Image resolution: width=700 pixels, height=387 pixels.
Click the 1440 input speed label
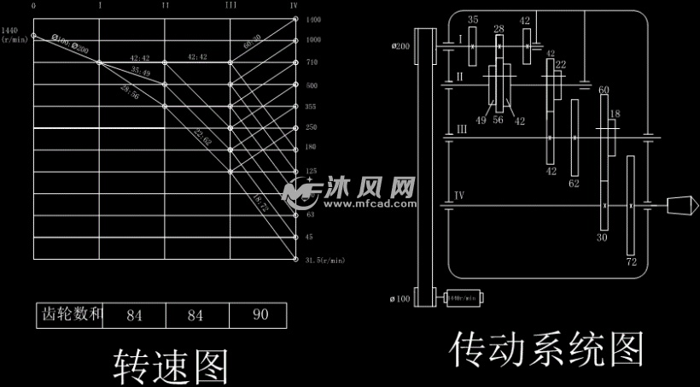(x=10, y=30)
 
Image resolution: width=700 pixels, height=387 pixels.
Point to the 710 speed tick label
(x=313, y=62)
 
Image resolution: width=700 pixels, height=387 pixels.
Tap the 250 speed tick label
(x=312, y=127)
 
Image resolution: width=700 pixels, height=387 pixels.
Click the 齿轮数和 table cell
(x=72, y=315)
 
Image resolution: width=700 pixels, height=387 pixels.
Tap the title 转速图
(x=171, y=366)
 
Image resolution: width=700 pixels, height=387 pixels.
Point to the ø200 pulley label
(x=400, y=46)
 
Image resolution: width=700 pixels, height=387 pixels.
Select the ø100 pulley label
(x=400, y=298)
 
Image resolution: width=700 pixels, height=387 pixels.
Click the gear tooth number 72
(x=632, y=261)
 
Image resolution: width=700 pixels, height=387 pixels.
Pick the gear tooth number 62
(x=574, y=183)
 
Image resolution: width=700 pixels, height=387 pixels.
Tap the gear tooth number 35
(x=473, y=19)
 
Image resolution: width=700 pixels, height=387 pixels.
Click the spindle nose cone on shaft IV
(x=680, y=205)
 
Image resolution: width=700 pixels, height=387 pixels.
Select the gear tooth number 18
(x=615, y=114)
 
